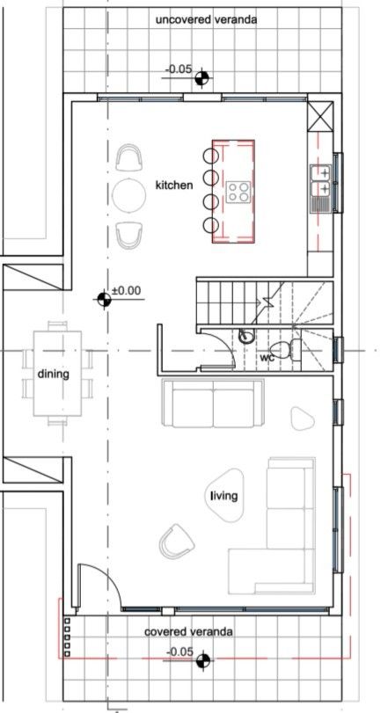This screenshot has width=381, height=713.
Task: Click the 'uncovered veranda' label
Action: (206, 18)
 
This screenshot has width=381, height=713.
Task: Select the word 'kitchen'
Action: (174, 186)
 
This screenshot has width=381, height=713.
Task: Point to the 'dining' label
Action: (53, 374)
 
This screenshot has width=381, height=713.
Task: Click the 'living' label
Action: (224, 496)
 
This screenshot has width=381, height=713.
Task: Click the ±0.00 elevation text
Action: (127, 289)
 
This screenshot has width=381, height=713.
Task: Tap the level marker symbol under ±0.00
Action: (105, 301)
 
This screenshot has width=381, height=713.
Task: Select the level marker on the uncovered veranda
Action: (203, 78)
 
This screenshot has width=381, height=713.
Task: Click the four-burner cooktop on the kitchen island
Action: (238, 191)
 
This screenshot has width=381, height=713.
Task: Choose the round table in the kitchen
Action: (129, 195)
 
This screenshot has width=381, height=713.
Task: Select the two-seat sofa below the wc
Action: (214, 404)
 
